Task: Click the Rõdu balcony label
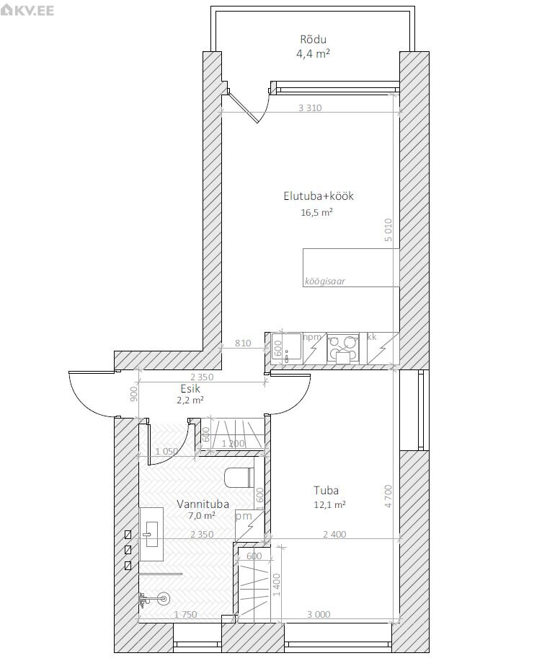point(314,40)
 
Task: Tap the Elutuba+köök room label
point(319,196)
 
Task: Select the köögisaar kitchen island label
point(324,281)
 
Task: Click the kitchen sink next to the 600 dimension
point(286,349)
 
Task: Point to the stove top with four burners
point(343,349)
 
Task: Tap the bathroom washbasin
point(151,534)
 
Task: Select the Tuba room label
point(326,490)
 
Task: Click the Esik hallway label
point(190,389)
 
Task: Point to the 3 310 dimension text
point(310,108)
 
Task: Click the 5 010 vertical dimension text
point(388,229)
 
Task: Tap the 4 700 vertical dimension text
point(388,496)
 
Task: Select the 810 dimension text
point(243,343)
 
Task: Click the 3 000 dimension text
point(319,614)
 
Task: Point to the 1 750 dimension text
point(186,614)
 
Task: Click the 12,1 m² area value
point(330,504)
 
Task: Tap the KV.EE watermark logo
point(27,10)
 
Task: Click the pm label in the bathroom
point(244,516)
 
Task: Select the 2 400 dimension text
point(335,535)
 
